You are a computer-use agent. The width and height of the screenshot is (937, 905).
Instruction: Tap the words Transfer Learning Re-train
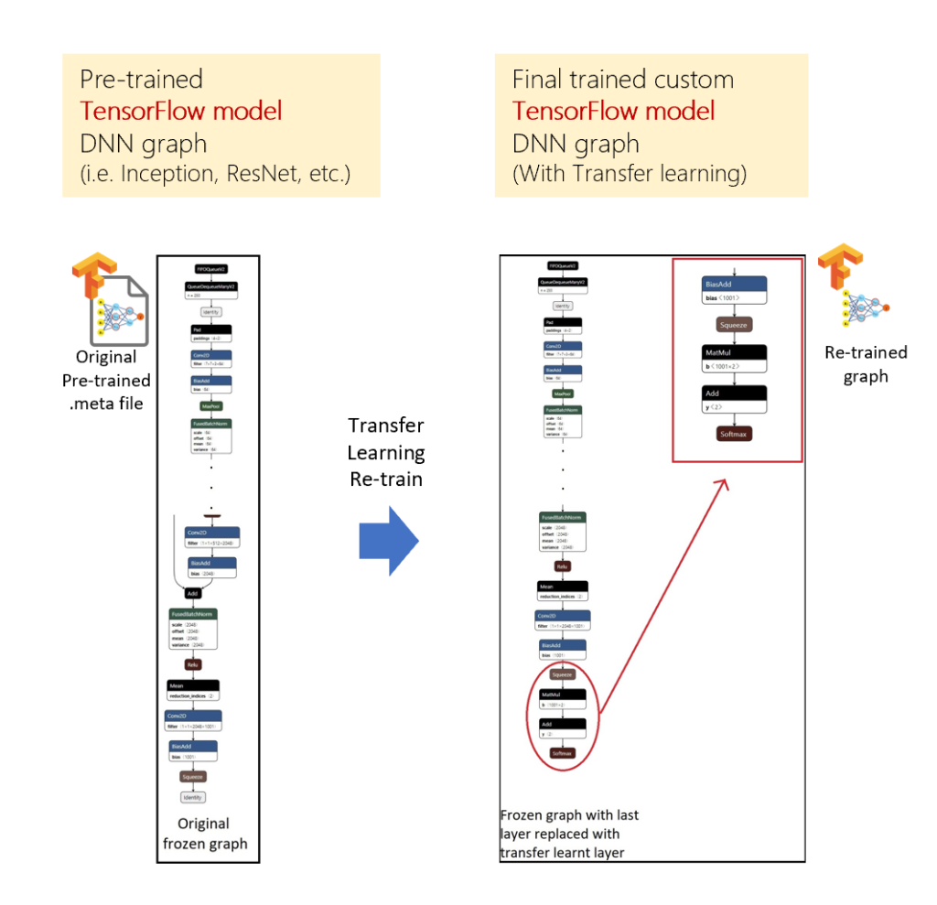tap(386, 452)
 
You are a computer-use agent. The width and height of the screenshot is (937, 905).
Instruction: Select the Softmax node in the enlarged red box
tap(734, 434)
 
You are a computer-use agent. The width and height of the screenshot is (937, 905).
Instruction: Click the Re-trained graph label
tap(866, 364)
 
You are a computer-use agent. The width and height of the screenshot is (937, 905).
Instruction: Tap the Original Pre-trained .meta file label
tap(106, 380)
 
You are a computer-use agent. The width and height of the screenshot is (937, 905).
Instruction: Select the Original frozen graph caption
tap(205, 833)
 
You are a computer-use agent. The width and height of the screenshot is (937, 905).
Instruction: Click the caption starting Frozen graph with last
tap(569, 833)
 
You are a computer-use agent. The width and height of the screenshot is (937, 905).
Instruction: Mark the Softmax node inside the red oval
tap(562, 753)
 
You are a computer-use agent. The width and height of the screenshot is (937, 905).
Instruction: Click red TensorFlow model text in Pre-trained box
tap(181, 112)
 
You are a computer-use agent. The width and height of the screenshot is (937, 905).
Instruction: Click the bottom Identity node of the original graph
tap(192, 797)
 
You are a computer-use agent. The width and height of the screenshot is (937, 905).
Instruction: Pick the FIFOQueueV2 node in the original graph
tap(211, 269)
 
